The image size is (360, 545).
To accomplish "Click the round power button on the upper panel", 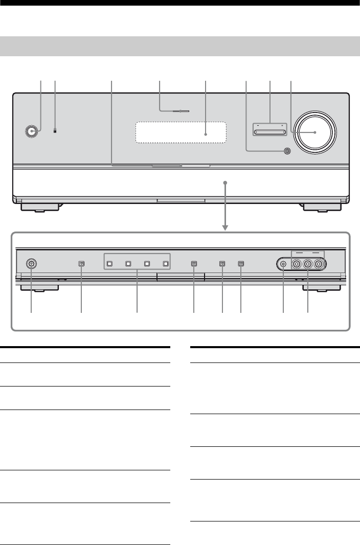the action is coord(32,131).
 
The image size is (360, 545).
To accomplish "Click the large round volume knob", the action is coord(315,132).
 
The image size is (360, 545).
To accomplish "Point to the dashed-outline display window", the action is coord(181,134).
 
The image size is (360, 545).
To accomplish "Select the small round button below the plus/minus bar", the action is coord(285,151).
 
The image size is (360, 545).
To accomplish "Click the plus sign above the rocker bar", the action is coord(282,125).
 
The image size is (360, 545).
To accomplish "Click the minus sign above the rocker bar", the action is coord(259,125).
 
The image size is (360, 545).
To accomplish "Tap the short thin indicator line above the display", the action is coord(174,110).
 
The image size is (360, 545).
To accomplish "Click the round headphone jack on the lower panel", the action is coord(31,264).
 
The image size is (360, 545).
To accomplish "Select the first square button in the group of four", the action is coord(109,264).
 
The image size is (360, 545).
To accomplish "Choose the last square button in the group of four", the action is coord(165,264).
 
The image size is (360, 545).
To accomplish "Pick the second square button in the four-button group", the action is coord(128,264).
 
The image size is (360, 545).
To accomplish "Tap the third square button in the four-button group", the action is coord(147,264).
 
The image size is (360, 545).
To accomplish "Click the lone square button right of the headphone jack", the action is coord(81,264).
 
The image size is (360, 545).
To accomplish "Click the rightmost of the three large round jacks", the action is coord(320,264).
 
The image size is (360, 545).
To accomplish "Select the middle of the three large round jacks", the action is coord(308,264).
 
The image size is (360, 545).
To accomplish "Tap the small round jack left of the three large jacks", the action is coord(284,264).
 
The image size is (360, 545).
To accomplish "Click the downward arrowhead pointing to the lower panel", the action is coord(225,226).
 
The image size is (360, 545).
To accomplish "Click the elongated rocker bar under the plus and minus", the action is coord(270,132).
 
